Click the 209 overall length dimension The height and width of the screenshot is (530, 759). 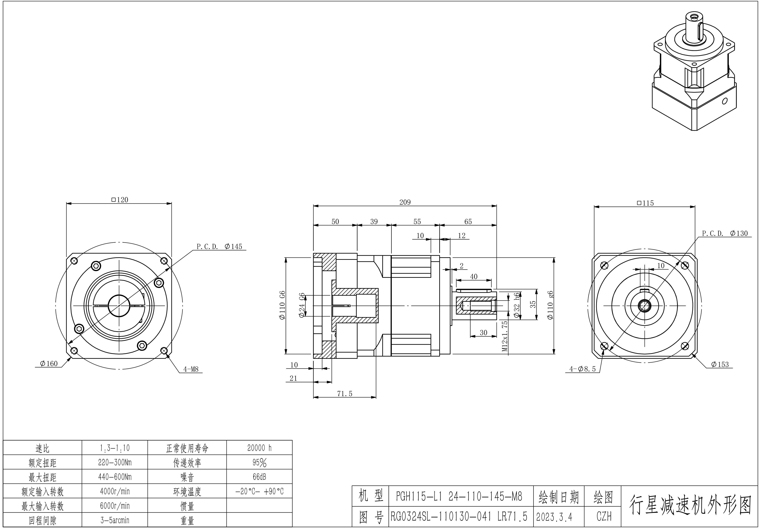click(x=405, y=202)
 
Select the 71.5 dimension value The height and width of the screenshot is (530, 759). click(x=345, y=394)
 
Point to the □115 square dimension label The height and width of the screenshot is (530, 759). click(x=645, y=203)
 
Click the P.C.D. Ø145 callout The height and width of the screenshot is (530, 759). click(x=220, y=246)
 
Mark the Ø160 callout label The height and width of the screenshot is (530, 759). click(x=49, y=363)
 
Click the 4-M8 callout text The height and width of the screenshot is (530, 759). click(x=191, y=369)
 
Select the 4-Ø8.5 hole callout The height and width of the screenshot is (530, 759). click(x=582, y=369)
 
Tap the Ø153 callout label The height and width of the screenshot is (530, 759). click(x=720, y=364)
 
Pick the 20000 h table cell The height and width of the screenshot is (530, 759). click(x=260, y=448)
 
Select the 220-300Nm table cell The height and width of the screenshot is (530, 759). click(x=115, y=462)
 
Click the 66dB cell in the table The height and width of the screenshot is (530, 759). click(x=260, y=477)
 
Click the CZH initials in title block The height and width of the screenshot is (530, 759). click(x=604, y=516)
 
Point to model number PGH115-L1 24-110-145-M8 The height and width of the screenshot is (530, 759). click(x=459, y=496)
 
